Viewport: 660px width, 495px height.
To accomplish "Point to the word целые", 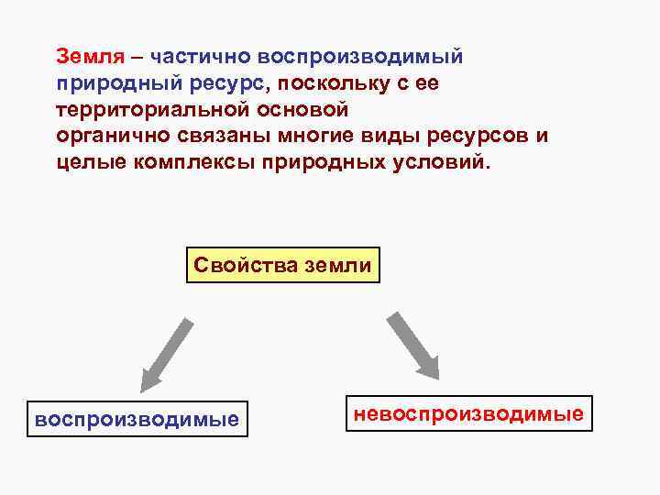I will coord(84,163).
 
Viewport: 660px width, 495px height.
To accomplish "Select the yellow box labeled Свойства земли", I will coord(283,266).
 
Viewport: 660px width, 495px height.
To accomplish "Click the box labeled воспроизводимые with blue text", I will coord(137,420).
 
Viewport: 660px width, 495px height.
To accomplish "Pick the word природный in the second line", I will coord(102,83).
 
